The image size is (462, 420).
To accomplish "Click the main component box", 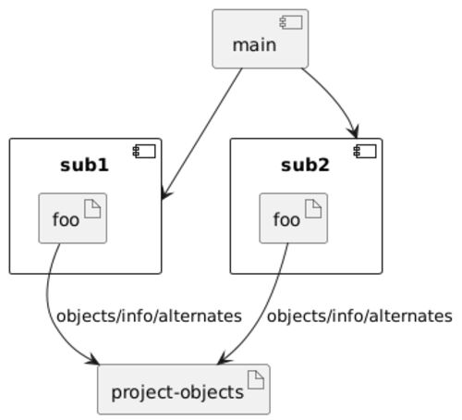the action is click(261, 39).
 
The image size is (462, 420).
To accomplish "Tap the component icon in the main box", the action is click(291, 22).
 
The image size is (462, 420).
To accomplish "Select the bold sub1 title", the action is click(84, 166).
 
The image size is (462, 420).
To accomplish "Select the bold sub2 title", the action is click(305, 166).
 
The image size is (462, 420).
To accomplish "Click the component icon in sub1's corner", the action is click(144, 151).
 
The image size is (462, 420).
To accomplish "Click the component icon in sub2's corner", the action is click(365, 151).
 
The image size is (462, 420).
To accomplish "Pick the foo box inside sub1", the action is click(73, 218).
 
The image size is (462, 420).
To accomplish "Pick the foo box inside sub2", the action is click(294, 218).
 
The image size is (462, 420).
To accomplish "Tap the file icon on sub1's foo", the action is click(92, 209).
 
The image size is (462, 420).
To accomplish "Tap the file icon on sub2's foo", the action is click(313, 209).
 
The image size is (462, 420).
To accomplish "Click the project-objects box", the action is click(184, 389).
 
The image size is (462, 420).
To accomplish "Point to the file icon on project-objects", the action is click(256, 380).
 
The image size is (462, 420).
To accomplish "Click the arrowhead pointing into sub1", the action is click(165, 194).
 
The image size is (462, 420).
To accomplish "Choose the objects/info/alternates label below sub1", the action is click(149, 316).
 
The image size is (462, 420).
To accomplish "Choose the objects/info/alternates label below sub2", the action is click(359, 316).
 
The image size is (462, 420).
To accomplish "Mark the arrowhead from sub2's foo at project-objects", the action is click(225, 359).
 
